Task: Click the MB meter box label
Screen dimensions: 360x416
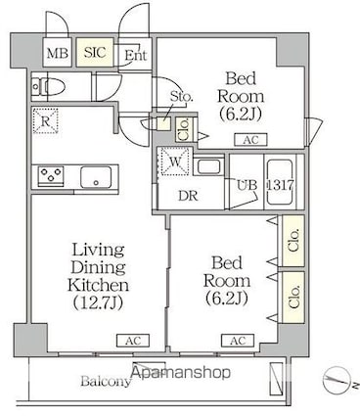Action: (x=58, y=53)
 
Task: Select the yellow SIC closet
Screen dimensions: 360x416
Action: (x=95, y=52)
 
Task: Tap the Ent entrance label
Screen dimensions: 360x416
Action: (x=136, y=55)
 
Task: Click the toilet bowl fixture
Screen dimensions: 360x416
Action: (x=49, y=87)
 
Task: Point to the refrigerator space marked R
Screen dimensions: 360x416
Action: (x=45, y=120)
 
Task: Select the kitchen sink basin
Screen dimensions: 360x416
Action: (x=96, y=177)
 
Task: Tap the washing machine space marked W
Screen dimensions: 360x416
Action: (x=174, y=162)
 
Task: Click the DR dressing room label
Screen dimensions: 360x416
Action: (x=188, y=196)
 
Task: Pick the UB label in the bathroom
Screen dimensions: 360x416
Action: (x=247, y=185)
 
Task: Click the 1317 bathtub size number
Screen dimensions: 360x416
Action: (x=281, y=185)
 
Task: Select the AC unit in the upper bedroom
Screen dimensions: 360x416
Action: (x=250, y=140)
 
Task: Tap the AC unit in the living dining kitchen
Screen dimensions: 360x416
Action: (x=133, y=341)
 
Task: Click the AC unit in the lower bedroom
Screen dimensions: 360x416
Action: (x=238, y=341)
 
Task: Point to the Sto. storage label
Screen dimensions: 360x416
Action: (x=182, y=97)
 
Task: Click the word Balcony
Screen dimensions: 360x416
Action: (x=106, y=381)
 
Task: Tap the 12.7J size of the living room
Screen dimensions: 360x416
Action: (x=98, y=302)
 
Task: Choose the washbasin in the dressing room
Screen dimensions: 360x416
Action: (x=209, y=166)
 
